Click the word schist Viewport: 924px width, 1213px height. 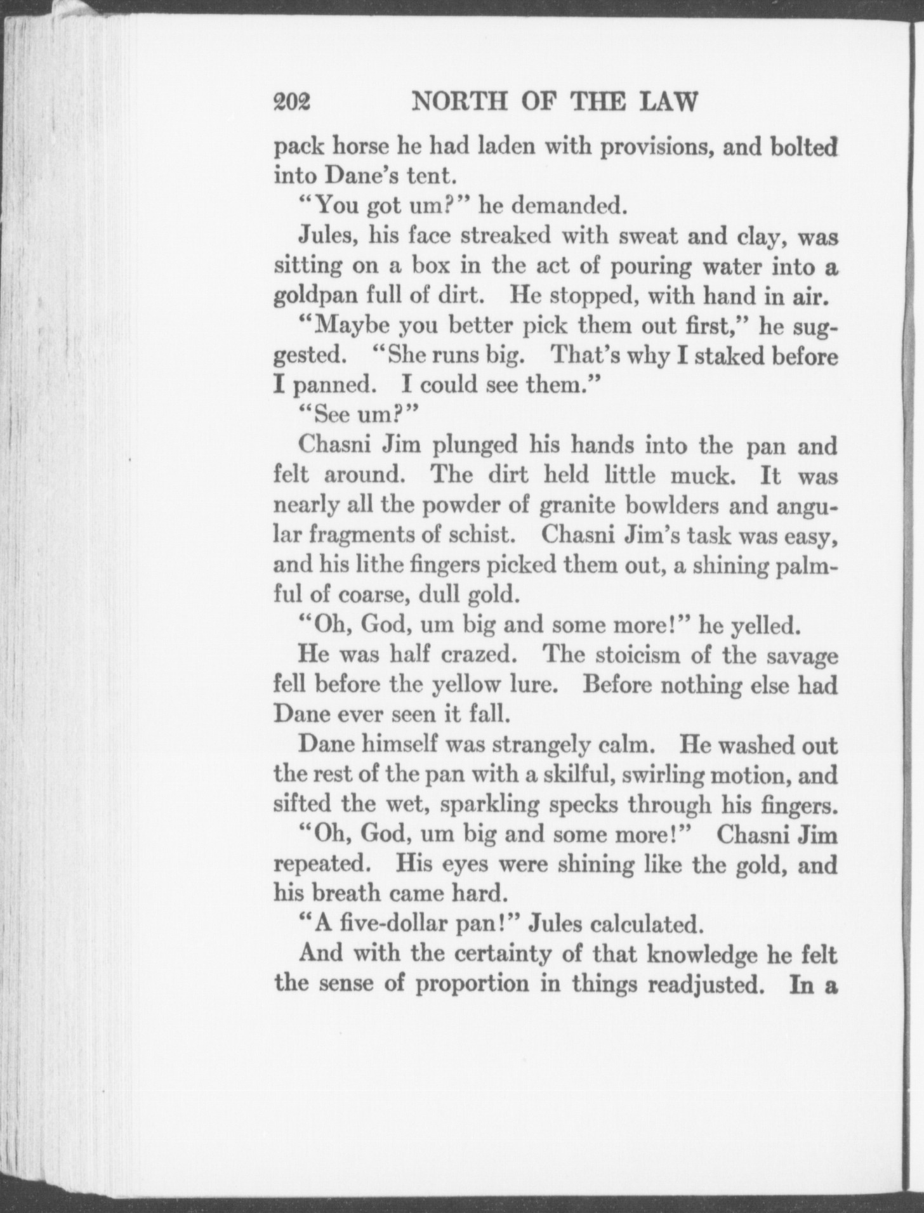(480, 535)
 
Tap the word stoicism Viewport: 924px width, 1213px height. (620, 655)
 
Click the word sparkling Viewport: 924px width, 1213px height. (489, 805)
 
